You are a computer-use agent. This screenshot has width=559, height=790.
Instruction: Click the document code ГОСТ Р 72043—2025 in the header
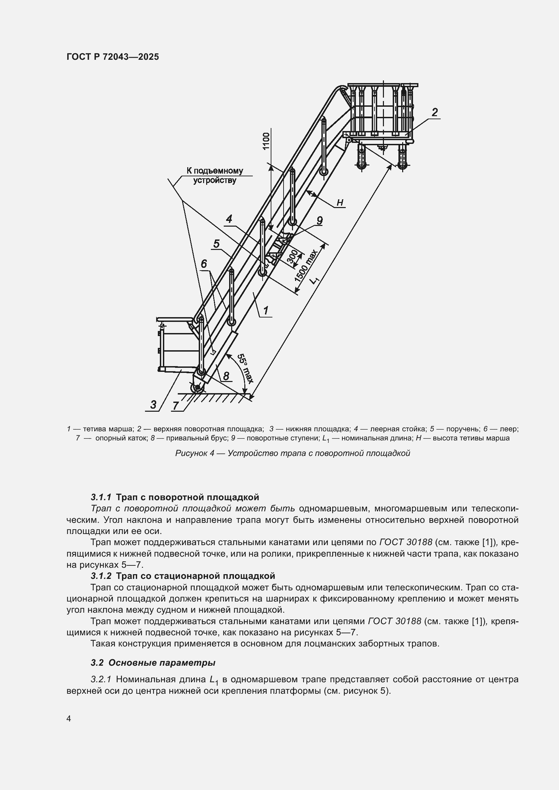click(x=113, y=57)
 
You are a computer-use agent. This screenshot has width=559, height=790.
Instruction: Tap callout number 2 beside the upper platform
click(x=435, y=112)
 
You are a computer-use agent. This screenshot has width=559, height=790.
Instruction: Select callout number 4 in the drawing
click(x=229, y=219)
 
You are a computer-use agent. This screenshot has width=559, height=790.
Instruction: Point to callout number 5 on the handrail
click(x=216, y=244)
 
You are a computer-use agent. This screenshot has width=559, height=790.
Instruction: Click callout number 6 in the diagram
click(x=204, y=264)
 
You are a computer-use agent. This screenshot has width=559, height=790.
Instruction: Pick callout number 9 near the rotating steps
click(x=319, y=221)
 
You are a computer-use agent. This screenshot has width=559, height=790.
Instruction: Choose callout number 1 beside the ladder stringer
click(x=266, y=310)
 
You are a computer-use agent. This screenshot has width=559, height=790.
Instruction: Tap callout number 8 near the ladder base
click(x=226, y=376)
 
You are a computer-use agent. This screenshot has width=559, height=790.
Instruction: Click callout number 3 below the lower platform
click(x=153, y=405)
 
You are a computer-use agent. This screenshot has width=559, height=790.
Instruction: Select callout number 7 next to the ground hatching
click(x=175, y=406)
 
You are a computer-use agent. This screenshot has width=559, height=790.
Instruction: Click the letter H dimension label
click(x=340, y=203)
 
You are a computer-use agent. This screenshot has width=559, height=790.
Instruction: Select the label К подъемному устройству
click(x=215, y=176)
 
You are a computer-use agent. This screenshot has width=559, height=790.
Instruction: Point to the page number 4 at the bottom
click(x=69, y=719)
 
